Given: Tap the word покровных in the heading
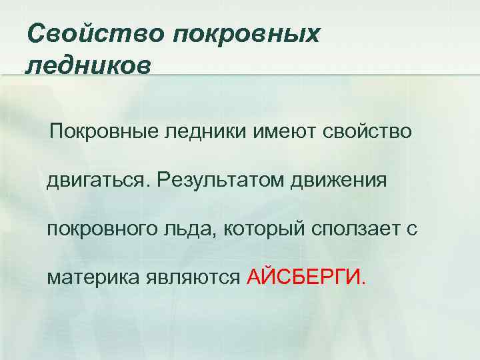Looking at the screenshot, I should (x=246, y=33).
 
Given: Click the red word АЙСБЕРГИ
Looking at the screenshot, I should (x=305, y=277).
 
